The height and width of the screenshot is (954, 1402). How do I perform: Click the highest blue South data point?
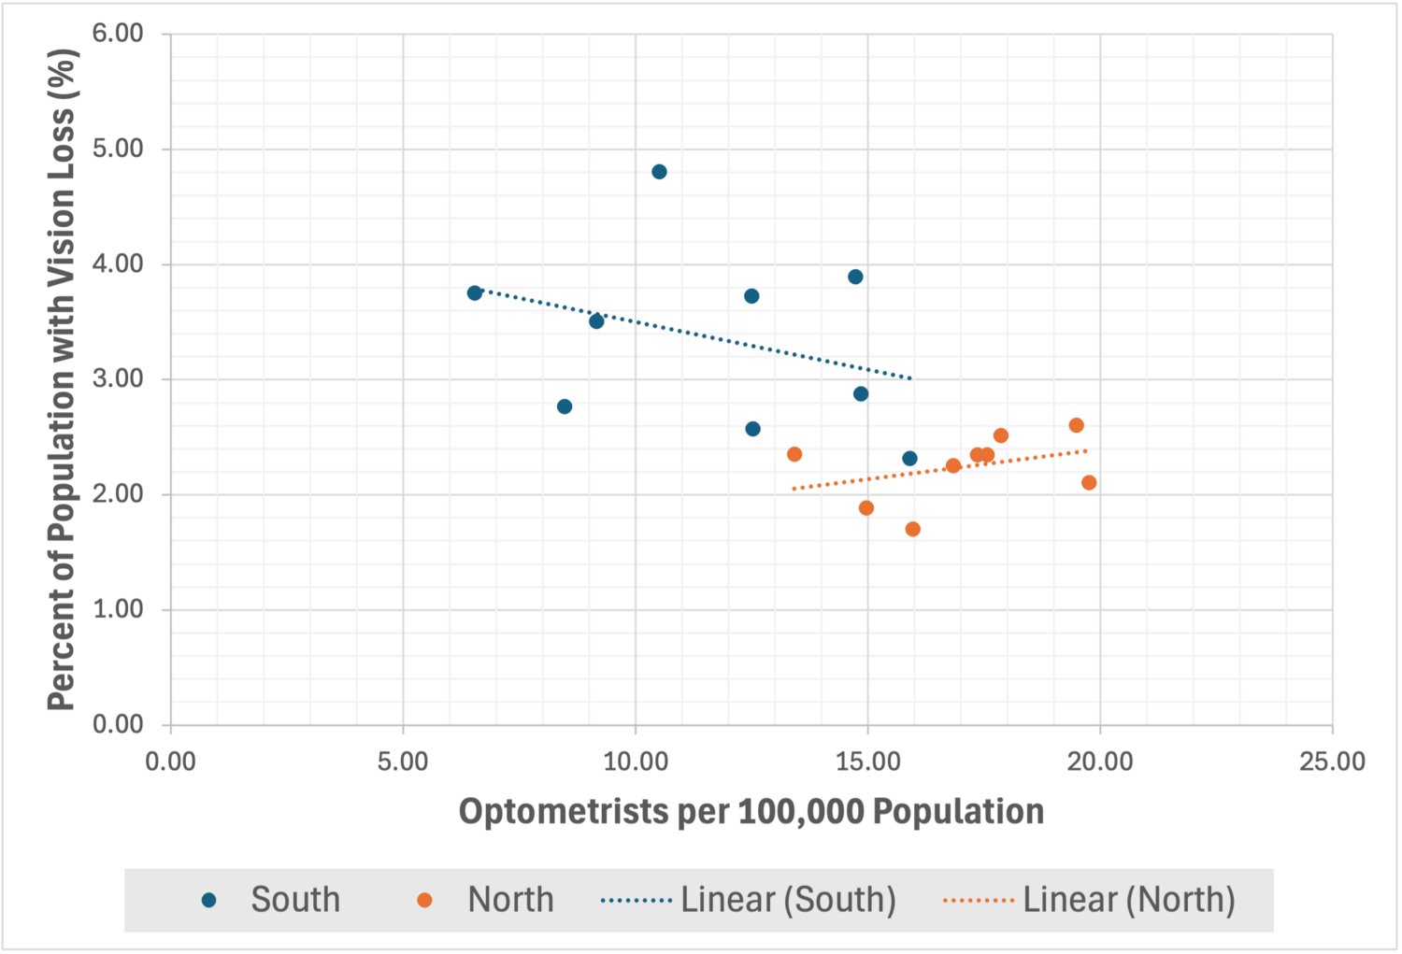click(x=659, y=171)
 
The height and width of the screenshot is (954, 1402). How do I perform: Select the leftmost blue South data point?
click(x=475, y=292)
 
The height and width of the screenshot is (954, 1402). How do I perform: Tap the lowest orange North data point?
click(x=912, y=529)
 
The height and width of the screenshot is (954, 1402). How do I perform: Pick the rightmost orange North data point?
click(x=1089, y=482)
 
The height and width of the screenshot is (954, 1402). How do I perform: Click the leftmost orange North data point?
click(x=794, y=454)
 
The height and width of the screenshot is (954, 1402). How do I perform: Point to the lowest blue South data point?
click(x=910, y=459)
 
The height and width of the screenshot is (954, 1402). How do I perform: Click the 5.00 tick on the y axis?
click(x=119, y=149)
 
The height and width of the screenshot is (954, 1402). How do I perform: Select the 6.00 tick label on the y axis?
click(x=119, y=33)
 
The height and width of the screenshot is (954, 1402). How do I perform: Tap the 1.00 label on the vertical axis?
click(x=119, y=609)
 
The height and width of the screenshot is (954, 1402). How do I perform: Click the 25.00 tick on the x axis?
click(x=1332, y=762)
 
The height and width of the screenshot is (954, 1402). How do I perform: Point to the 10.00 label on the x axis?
click(x=636, y=762)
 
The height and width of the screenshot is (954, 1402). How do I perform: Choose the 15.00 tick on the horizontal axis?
click(x=867, y=762)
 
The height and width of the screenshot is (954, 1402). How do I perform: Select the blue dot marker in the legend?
click(x=209, y=900)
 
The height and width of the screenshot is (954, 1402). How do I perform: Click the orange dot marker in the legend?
click(x=425, y=900)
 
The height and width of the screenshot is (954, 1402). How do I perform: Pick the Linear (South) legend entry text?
click(x=789, y=900)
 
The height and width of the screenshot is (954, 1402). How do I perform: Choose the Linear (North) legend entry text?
click(x=1129, y=900)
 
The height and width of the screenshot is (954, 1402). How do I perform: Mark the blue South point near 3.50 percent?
click(x=596, y=321)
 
